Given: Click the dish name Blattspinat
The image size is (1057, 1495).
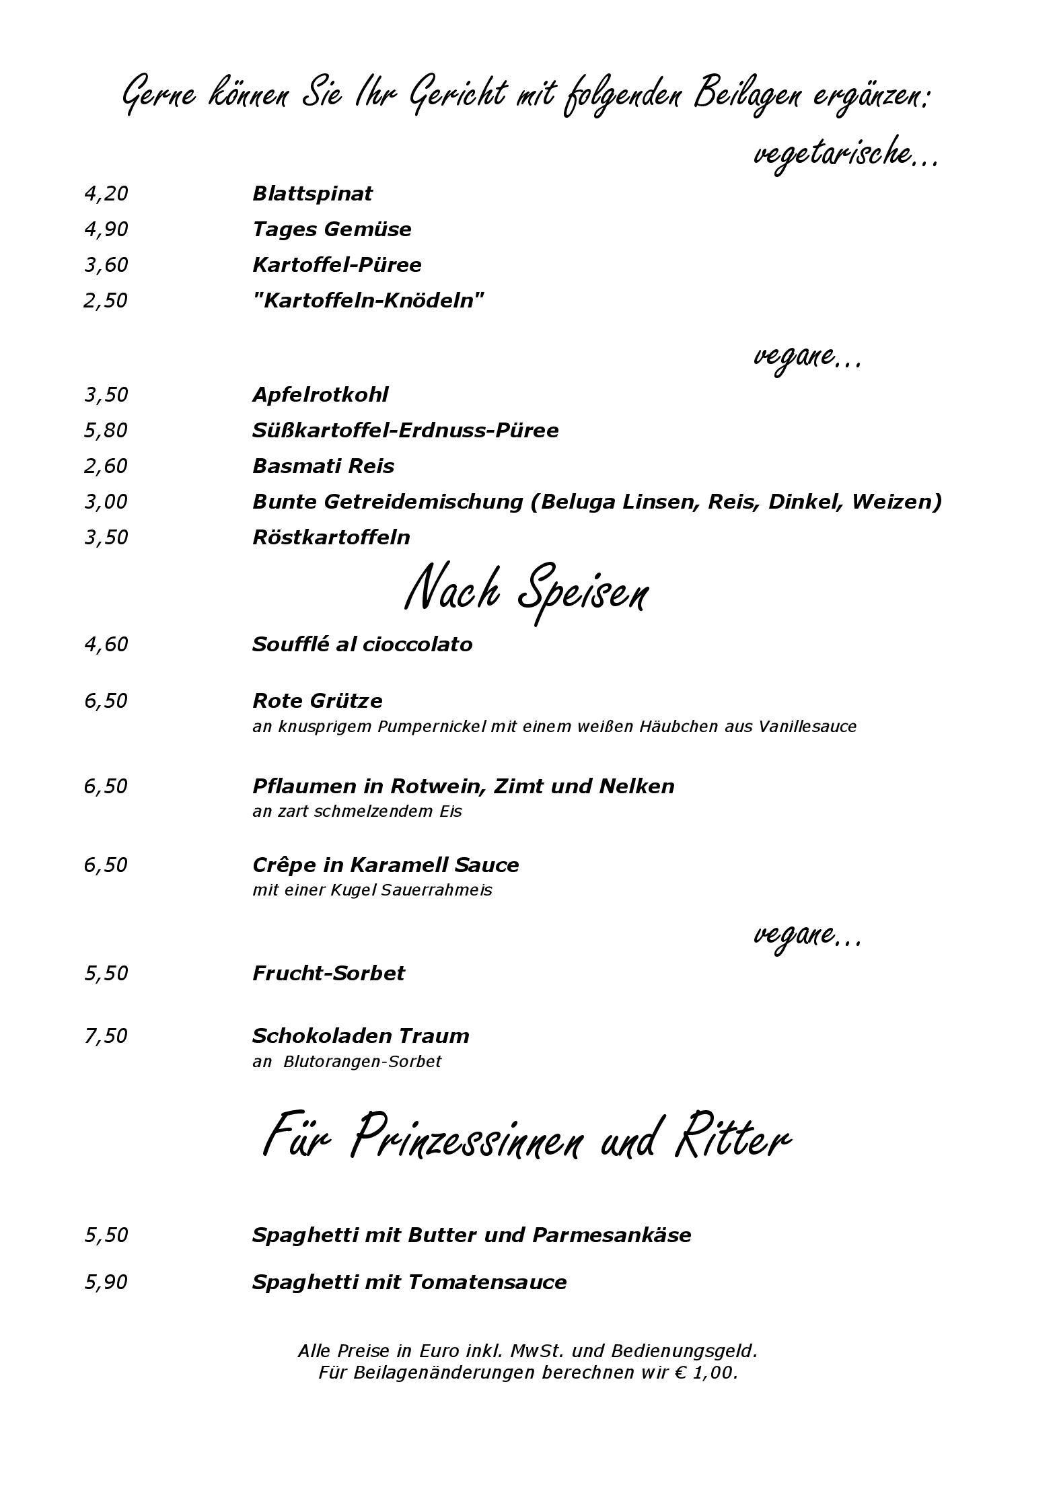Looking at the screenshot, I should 312,194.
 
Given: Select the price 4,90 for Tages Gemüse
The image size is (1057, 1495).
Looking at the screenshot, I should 106,229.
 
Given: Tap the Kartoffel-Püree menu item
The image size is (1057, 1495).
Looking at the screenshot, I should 336,265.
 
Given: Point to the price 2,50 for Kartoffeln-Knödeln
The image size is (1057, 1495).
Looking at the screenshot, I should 106,301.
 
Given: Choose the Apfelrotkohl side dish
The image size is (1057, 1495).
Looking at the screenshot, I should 320,395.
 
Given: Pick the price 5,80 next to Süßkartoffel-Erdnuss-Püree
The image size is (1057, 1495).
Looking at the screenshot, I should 106,431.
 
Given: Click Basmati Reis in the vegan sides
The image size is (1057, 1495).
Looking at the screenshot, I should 323,466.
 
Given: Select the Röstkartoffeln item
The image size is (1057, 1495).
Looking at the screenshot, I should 331,538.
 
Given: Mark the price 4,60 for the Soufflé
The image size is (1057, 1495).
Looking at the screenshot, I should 106,645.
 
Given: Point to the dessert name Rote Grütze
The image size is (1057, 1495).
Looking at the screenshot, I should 317,701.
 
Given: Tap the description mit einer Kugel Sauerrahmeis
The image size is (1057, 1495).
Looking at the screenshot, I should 372,890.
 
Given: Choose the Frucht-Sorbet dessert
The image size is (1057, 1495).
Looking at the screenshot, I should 328,974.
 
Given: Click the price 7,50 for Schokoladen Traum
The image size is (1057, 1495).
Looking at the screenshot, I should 106,1036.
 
